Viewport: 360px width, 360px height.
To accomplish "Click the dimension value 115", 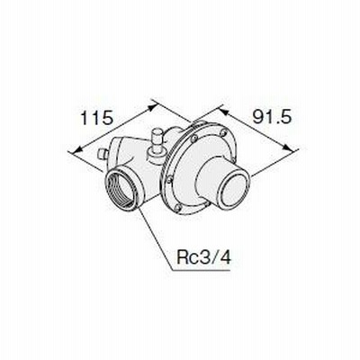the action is [x=97, y=118].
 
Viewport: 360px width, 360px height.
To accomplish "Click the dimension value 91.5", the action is [x=272, y=117].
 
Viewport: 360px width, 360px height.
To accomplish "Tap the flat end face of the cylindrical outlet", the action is [x=235, y=190].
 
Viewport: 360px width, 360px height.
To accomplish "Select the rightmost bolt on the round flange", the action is [x=222, y=132].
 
